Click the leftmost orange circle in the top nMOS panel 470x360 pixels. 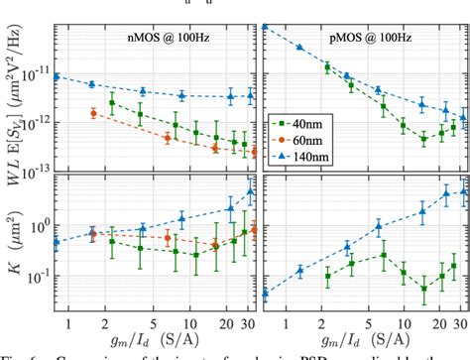[x=93, y=113]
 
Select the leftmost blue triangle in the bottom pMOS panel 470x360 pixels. [x=266, y=292]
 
